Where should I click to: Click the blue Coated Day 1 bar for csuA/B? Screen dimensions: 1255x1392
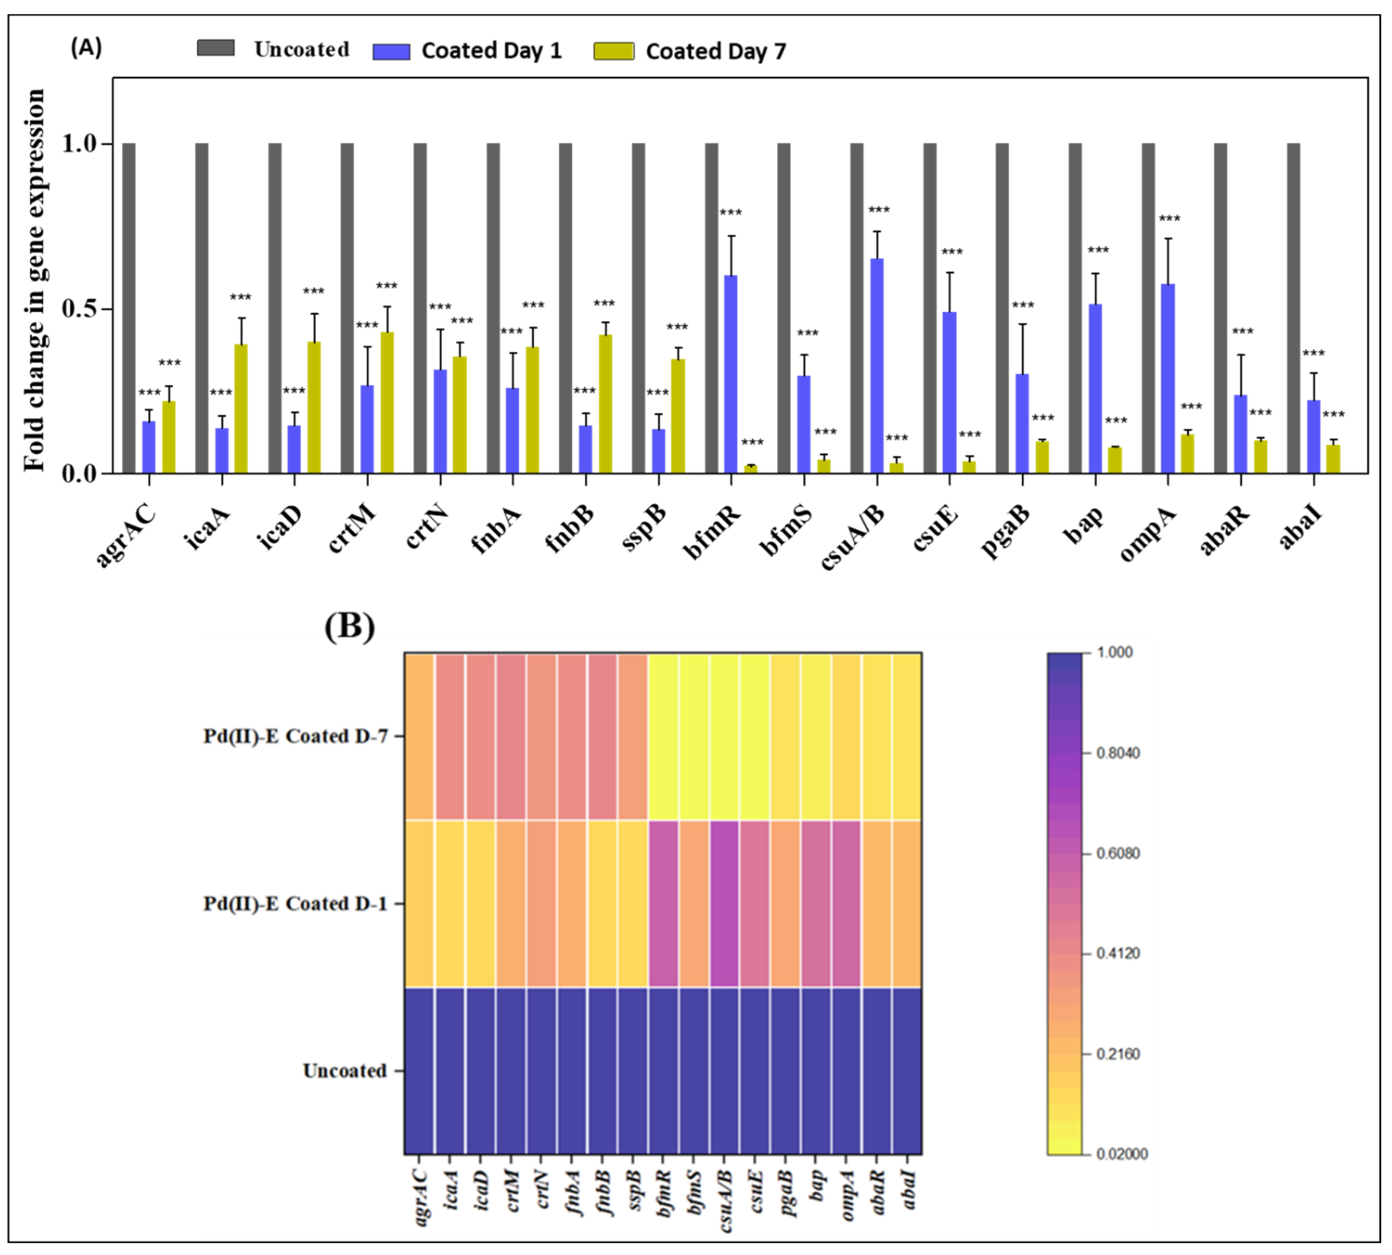[x=876, y=366]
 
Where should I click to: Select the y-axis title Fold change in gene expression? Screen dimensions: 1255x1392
[x=34, y=279]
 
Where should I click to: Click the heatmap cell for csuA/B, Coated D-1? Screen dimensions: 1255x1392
[x=724, y=903]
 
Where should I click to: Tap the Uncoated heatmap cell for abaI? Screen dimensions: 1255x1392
[x=907, y=1071]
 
